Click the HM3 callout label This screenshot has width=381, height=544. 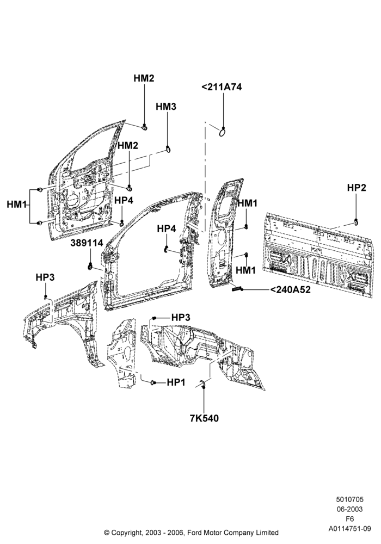coord(166,107)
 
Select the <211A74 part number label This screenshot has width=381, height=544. coord(222,86)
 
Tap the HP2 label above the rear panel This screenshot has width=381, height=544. coord(357,188)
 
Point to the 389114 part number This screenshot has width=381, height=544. coord(87,243)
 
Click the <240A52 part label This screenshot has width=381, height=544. coord(291,289)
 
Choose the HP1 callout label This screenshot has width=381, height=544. coord(176,382)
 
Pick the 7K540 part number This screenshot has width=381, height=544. coord(205,418)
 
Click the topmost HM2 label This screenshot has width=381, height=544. coord(144,78)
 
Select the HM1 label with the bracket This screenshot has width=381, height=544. coord(17,205)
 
